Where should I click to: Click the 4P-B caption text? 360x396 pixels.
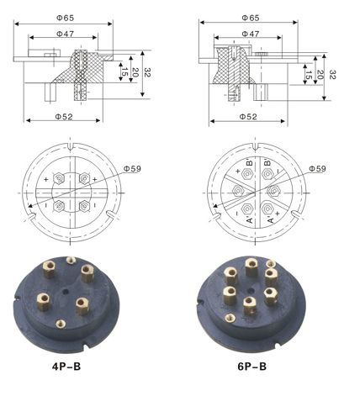point(66,367)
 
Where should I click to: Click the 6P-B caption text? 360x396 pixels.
point(252,367)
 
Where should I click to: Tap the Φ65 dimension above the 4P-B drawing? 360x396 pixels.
point(66,18)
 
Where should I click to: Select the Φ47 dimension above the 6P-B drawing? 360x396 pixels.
point(251,34)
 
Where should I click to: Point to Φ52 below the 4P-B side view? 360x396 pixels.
point(64,116)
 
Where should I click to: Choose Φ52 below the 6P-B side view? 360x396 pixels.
point(248,116)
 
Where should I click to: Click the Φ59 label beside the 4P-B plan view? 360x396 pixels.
point(132,168)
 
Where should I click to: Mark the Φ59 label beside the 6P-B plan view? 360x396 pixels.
point(317,168)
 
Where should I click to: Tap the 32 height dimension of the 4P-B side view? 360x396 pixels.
point(147,73)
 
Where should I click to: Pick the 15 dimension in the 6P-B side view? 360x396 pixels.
point(309,75)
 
